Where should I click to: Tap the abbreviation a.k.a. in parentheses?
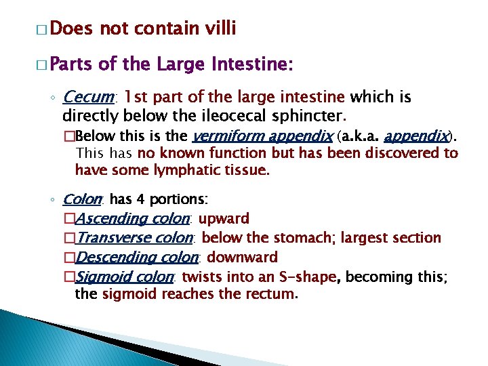pyautogui.click(x=364, y=136)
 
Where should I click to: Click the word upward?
pyautogui.click(x=224, y=218)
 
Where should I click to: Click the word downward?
pyautogui.click(x=242, y=258)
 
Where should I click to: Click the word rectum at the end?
pyautogui.click(x=274, y=294)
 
